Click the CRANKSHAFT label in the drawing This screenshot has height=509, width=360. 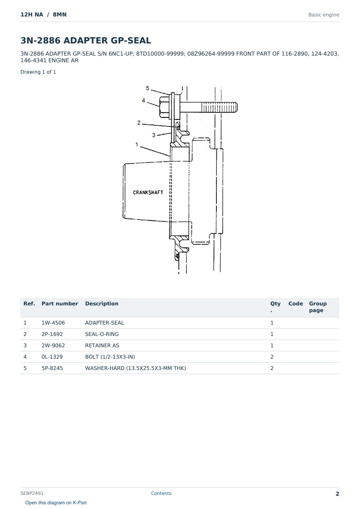tap(148, 193)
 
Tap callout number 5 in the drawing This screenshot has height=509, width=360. tap(148, 88)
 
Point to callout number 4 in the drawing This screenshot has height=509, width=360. tap(143, 101)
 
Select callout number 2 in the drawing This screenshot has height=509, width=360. tap(139, 123)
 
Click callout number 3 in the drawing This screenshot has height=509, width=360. tap(154, 135)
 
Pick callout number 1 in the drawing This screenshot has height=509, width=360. tap(137, 144)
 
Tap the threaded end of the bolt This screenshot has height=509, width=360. tap(219, 107)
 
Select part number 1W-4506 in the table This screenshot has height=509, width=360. tap(53, 323)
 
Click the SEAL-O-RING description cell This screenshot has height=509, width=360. tap(102, 334)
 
